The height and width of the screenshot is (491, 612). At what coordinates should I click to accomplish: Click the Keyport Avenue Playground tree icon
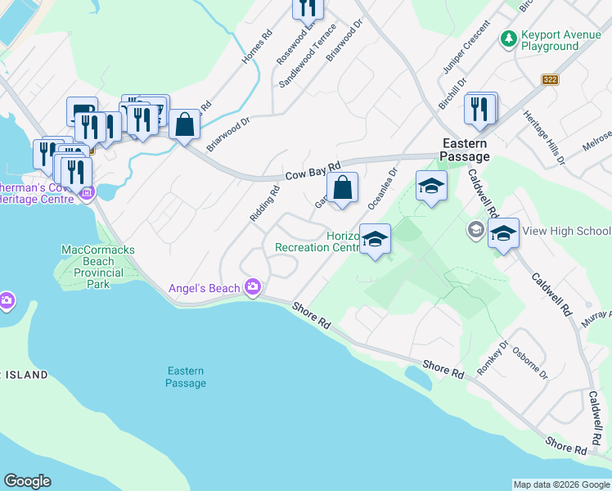click(x=509, y=38)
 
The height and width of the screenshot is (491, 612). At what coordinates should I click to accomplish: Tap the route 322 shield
click(x=550, y=79)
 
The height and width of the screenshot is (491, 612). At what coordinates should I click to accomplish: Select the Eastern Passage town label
click(x=465, y=150)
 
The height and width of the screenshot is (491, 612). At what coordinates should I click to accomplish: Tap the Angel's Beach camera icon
click(x=253, y=287)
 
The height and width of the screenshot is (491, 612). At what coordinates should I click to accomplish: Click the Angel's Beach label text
click(x=205, y=288)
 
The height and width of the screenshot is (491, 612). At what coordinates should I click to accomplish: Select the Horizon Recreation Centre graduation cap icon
click(x=375, y=240)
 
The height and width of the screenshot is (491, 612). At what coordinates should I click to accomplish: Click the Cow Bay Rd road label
click(x=313, y=172)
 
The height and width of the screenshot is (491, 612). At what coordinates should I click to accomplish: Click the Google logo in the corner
click(x=27, y=481)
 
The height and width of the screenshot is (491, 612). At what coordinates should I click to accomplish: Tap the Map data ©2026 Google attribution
click(x=561, y=484)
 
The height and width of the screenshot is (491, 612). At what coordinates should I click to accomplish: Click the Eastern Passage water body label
click(x=185, y=377)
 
